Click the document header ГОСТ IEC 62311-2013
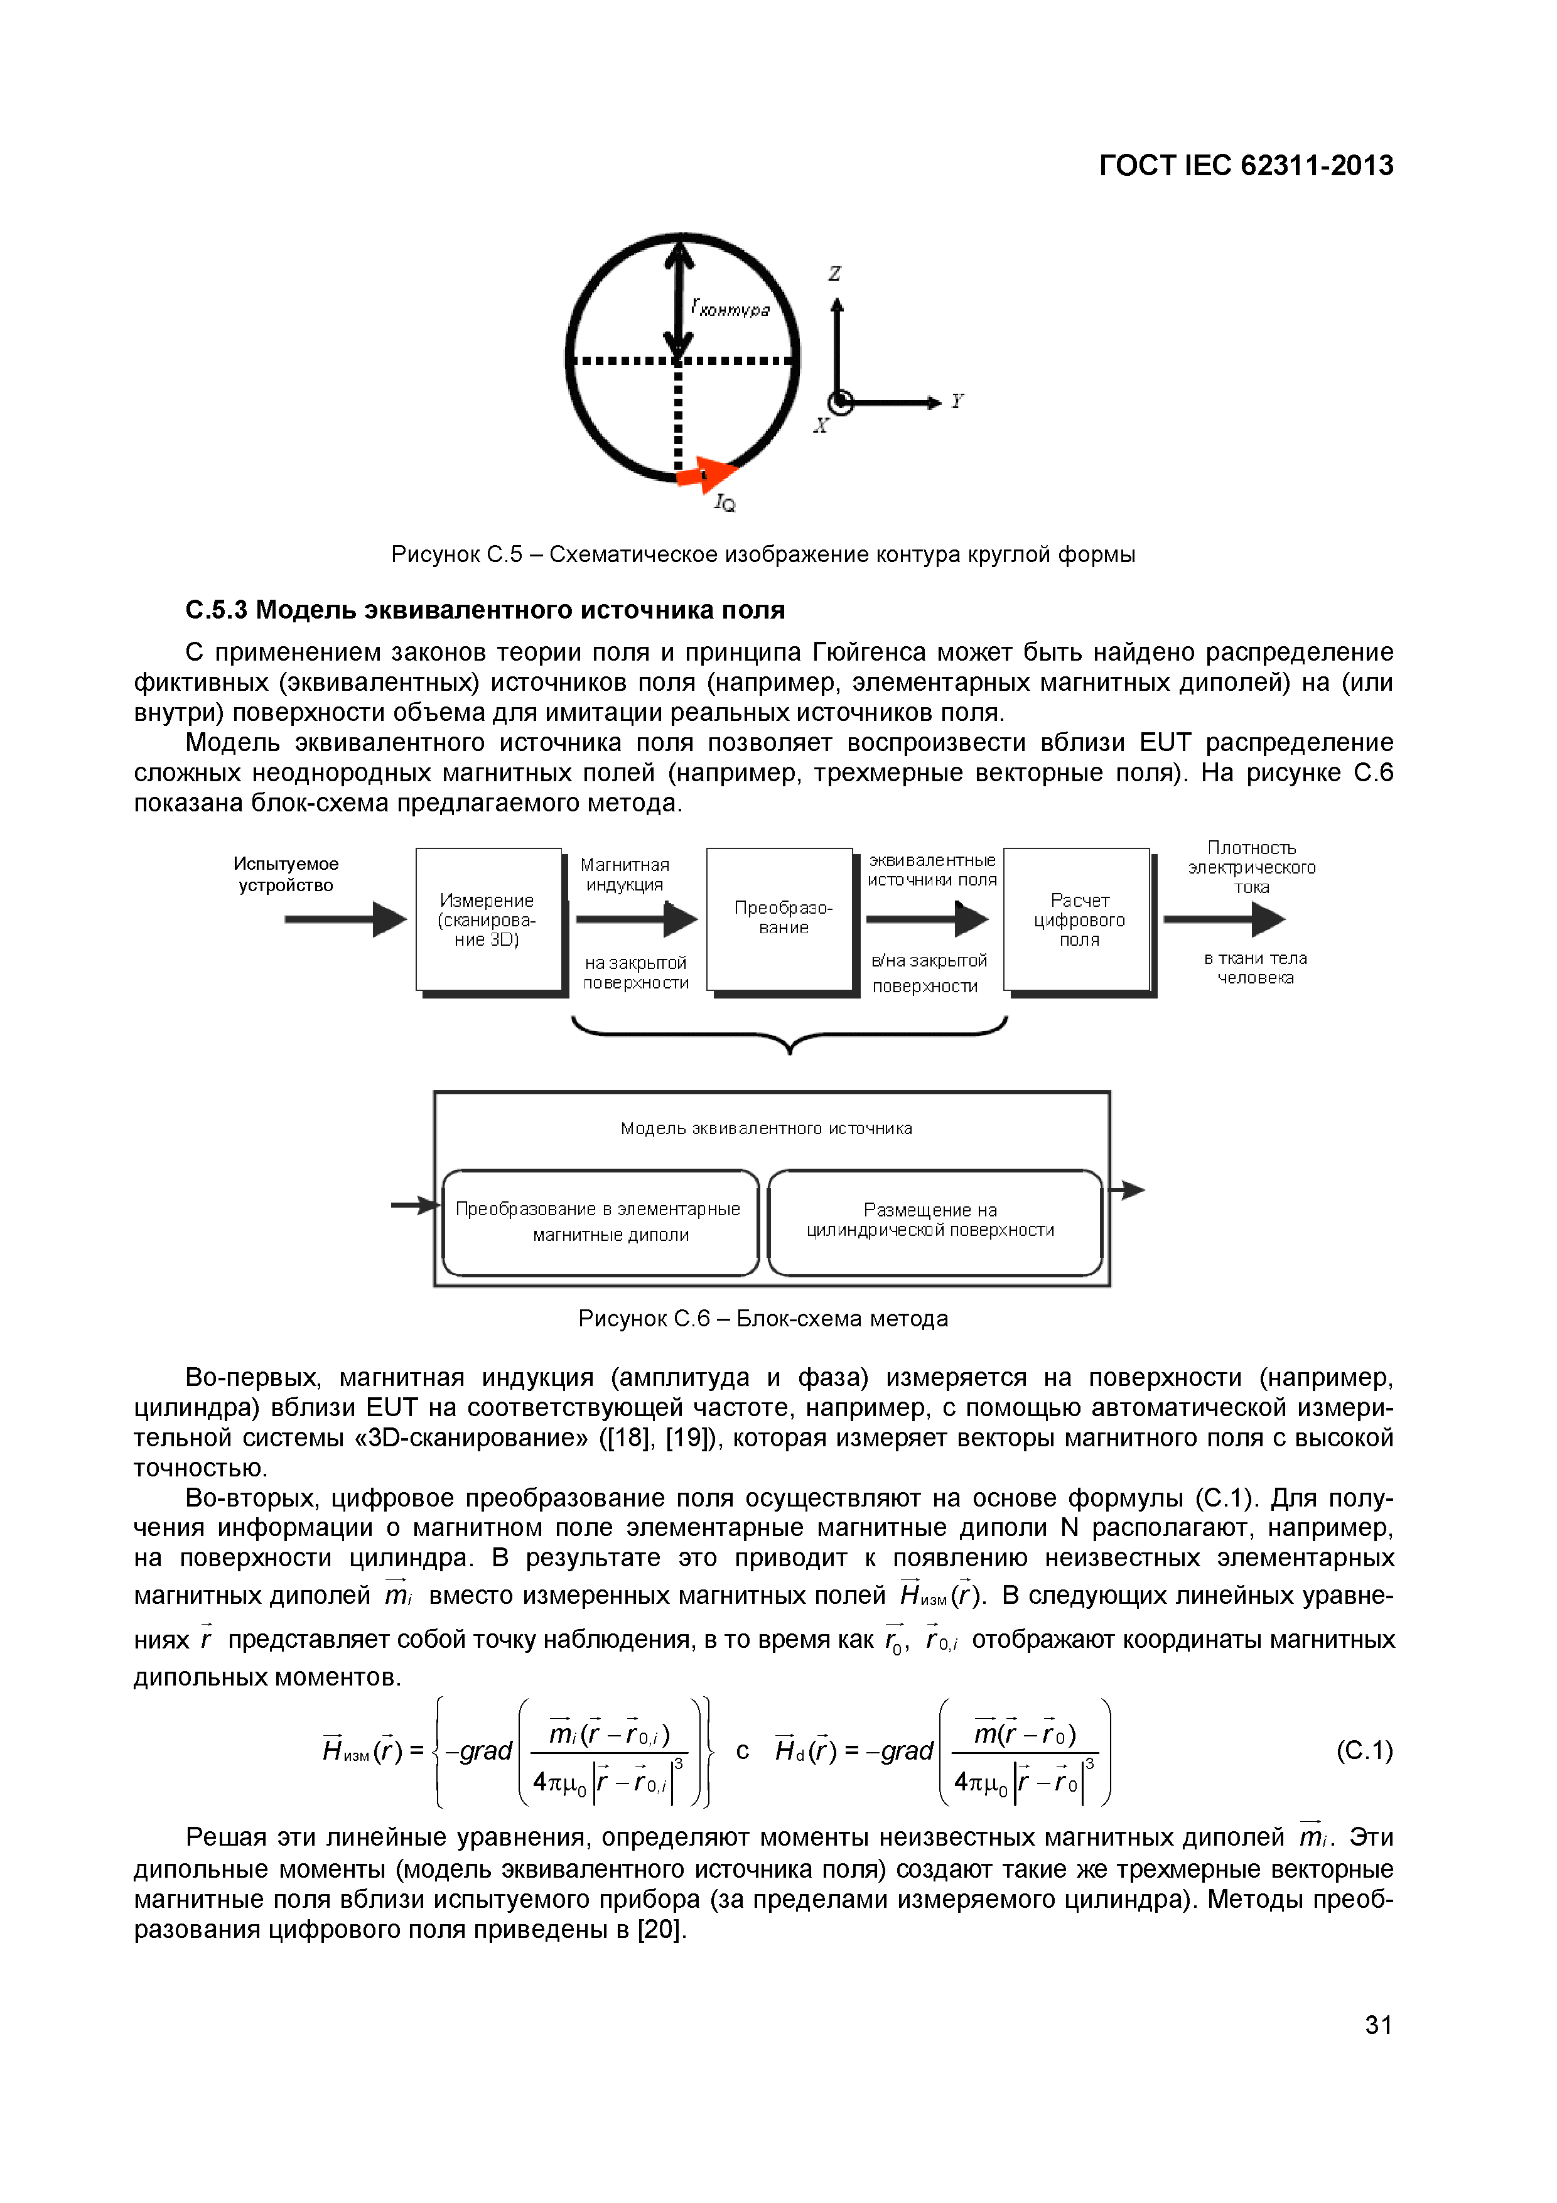(x=1245, y=166)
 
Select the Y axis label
(x=956, y=401)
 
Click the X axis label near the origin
(x=820, y=425)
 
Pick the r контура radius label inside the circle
(x=731, y=308)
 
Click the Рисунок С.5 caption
(x=763, y=555)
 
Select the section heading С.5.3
(x=485, y=610)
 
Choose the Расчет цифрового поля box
(x=1079, y=919)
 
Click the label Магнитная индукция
(x=625, y=875)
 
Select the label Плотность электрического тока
(x=1251, y=867)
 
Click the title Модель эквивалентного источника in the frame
(x=767, y=1129)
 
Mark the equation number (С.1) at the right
(x=1363, y=1751)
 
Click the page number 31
(x=1379, y=2025)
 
